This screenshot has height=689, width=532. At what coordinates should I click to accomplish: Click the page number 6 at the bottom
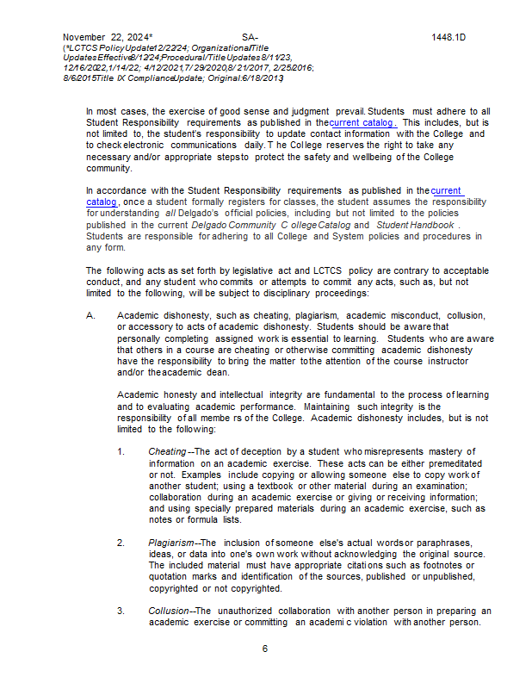point(265,649)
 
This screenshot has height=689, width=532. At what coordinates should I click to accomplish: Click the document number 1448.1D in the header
point(448,37)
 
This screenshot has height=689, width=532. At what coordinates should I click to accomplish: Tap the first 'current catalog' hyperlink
point(363,123)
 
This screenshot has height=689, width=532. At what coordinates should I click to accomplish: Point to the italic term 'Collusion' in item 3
point(168,611)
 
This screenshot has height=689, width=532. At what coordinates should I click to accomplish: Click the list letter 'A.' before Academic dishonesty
point(91,315)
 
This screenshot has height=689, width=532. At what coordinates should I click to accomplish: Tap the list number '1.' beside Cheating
point(121,451)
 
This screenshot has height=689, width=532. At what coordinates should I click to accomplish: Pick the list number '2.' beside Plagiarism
point(121,542)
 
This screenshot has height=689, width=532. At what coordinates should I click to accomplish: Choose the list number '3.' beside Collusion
point(121,611)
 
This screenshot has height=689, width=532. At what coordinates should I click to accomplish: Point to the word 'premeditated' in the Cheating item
point(442,463)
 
